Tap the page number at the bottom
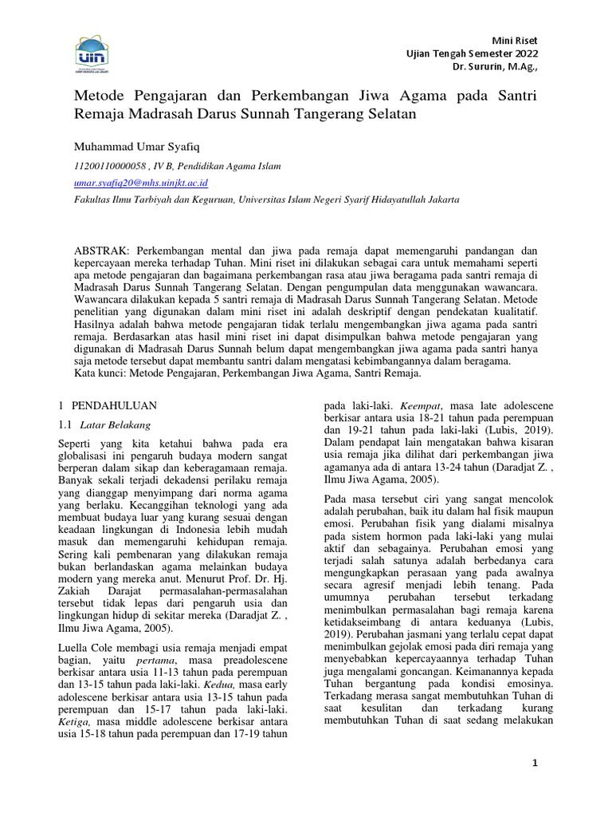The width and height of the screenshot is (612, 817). click(x=535, y=764)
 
